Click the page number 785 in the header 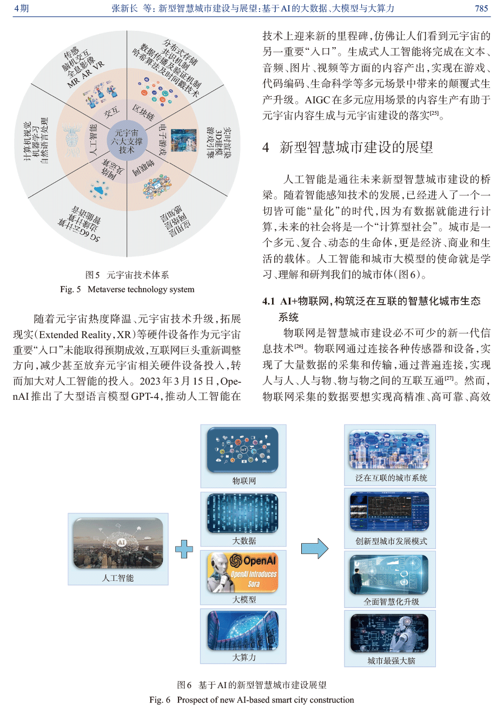481,8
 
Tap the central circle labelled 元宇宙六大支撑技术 127,141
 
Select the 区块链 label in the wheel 144,112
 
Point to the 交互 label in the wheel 111,113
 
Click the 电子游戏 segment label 162,141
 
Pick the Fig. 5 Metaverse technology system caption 127,289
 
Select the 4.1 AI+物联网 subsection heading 371,301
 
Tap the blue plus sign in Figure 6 184,549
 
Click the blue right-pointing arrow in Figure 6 314,549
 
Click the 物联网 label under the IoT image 244,481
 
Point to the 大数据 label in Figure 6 244,540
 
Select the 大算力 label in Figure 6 244,657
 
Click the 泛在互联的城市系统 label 391,478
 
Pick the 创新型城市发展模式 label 391,541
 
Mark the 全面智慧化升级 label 391,602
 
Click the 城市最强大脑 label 391,661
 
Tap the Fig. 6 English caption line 251,699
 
